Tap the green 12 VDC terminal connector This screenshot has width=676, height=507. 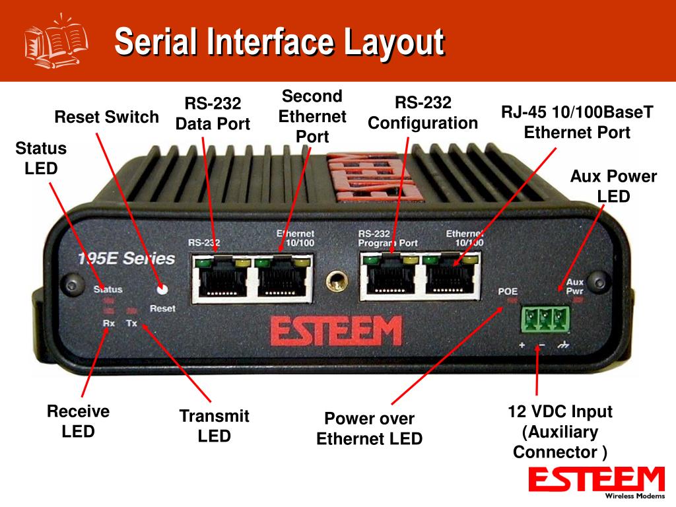click(545, 320)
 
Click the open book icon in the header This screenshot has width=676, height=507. click(56, 41)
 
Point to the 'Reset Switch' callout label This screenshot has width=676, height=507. click(106, 118)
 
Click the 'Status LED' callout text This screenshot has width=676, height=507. click(41, 158)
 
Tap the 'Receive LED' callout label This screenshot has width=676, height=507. click(78, 422)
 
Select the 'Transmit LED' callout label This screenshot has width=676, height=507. click(215, 426)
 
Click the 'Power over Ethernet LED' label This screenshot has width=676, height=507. click(369, 428)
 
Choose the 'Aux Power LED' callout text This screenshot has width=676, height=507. click(613, 186)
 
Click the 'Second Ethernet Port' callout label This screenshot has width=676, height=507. click(312, 116)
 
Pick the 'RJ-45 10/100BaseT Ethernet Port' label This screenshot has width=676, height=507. click(577, 121)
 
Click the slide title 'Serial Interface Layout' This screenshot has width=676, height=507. click(279, 42)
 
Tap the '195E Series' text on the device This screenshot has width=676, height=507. click(125, 258)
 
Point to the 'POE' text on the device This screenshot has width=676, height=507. click(508, 290)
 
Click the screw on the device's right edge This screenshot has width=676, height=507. click(599, 278)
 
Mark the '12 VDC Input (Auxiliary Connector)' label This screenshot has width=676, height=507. click(560, 432)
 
